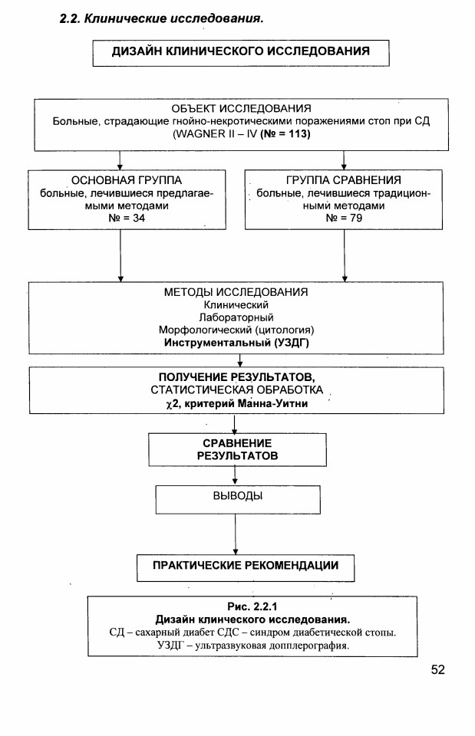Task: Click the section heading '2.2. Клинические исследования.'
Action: (161, 18)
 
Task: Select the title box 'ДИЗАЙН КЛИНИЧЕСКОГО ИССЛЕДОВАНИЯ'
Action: (240, 53)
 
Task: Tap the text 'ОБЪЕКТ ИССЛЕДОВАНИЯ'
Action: (241, 108)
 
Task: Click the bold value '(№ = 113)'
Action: (285, 133)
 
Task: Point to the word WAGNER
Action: (200, 133)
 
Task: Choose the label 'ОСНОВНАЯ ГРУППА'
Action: (127, 180)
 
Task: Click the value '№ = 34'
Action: (127, 218)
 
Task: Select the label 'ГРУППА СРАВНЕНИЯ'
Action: (344, 180)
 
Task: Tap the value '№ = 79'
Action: (344, 218)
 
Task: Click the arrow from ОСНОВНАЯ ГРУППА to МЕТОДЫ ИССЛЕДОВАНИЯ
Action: (120, 255)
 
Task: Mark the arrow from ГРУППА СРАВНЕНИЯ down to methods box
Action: (345, 255)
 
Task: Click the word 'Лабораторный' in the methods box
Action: (236, 317)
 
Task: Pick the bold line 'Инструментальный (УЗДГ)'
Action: (236, 343)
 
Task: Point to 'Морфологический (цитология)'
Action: (236, 330)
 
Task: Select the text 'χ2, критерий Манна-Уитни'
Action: (237, 404)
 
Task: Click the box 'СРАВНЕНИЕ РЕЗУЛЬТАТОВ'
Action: (237, 450)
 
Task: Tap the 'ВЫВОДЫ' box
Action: (238, 499)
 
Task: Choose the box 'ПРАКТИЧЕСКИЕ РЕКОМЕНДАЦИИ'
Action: (246, 568)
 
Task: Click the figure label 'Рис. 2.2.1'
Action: (252, 607)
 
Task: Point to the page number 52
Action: (437, 670)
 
